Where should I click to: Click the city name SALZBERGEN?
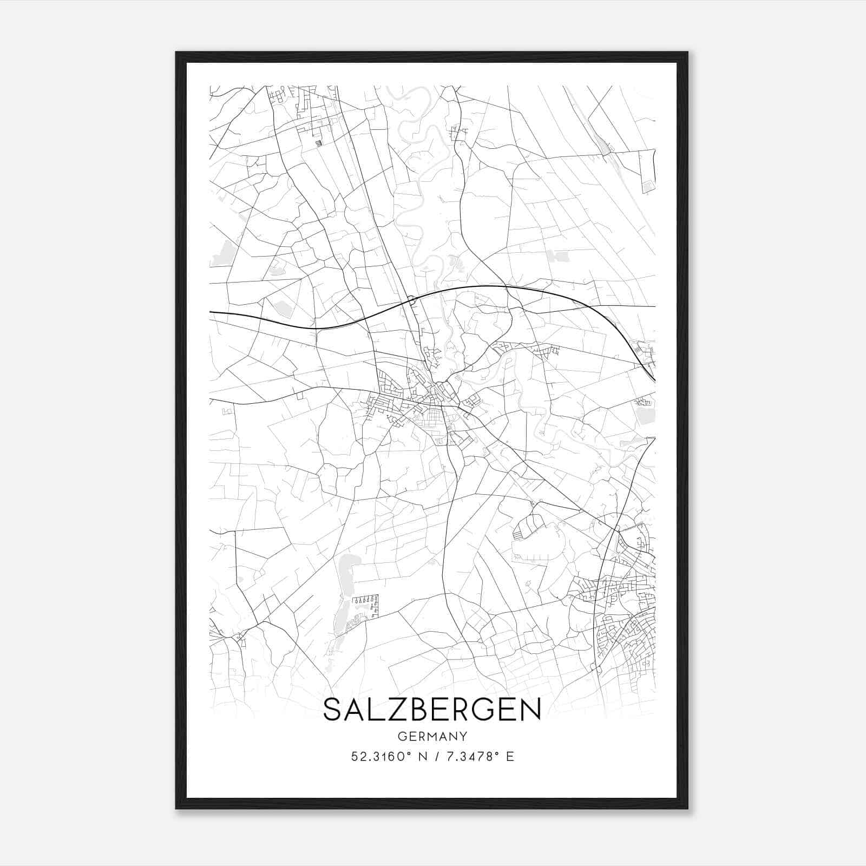[x=432, y=710]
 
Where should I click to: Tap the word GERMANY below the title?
[x=432, y=736]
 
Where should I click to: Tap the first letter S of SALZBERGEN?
[x=332, y=710]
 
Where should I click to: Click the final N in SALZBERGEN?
[x=532, y=710]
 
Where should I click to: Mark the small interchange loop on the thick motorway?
[x=411, y=299]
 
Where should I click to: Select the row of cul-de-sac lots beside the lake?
[x=365, y=600]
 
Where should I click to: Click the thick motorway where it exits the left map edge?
[x=212, y=312]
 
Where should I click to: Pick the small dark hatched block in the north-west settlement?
[x=318, y=143]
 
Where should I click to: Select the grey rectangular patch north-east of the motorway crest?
[x=558, y=256]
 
